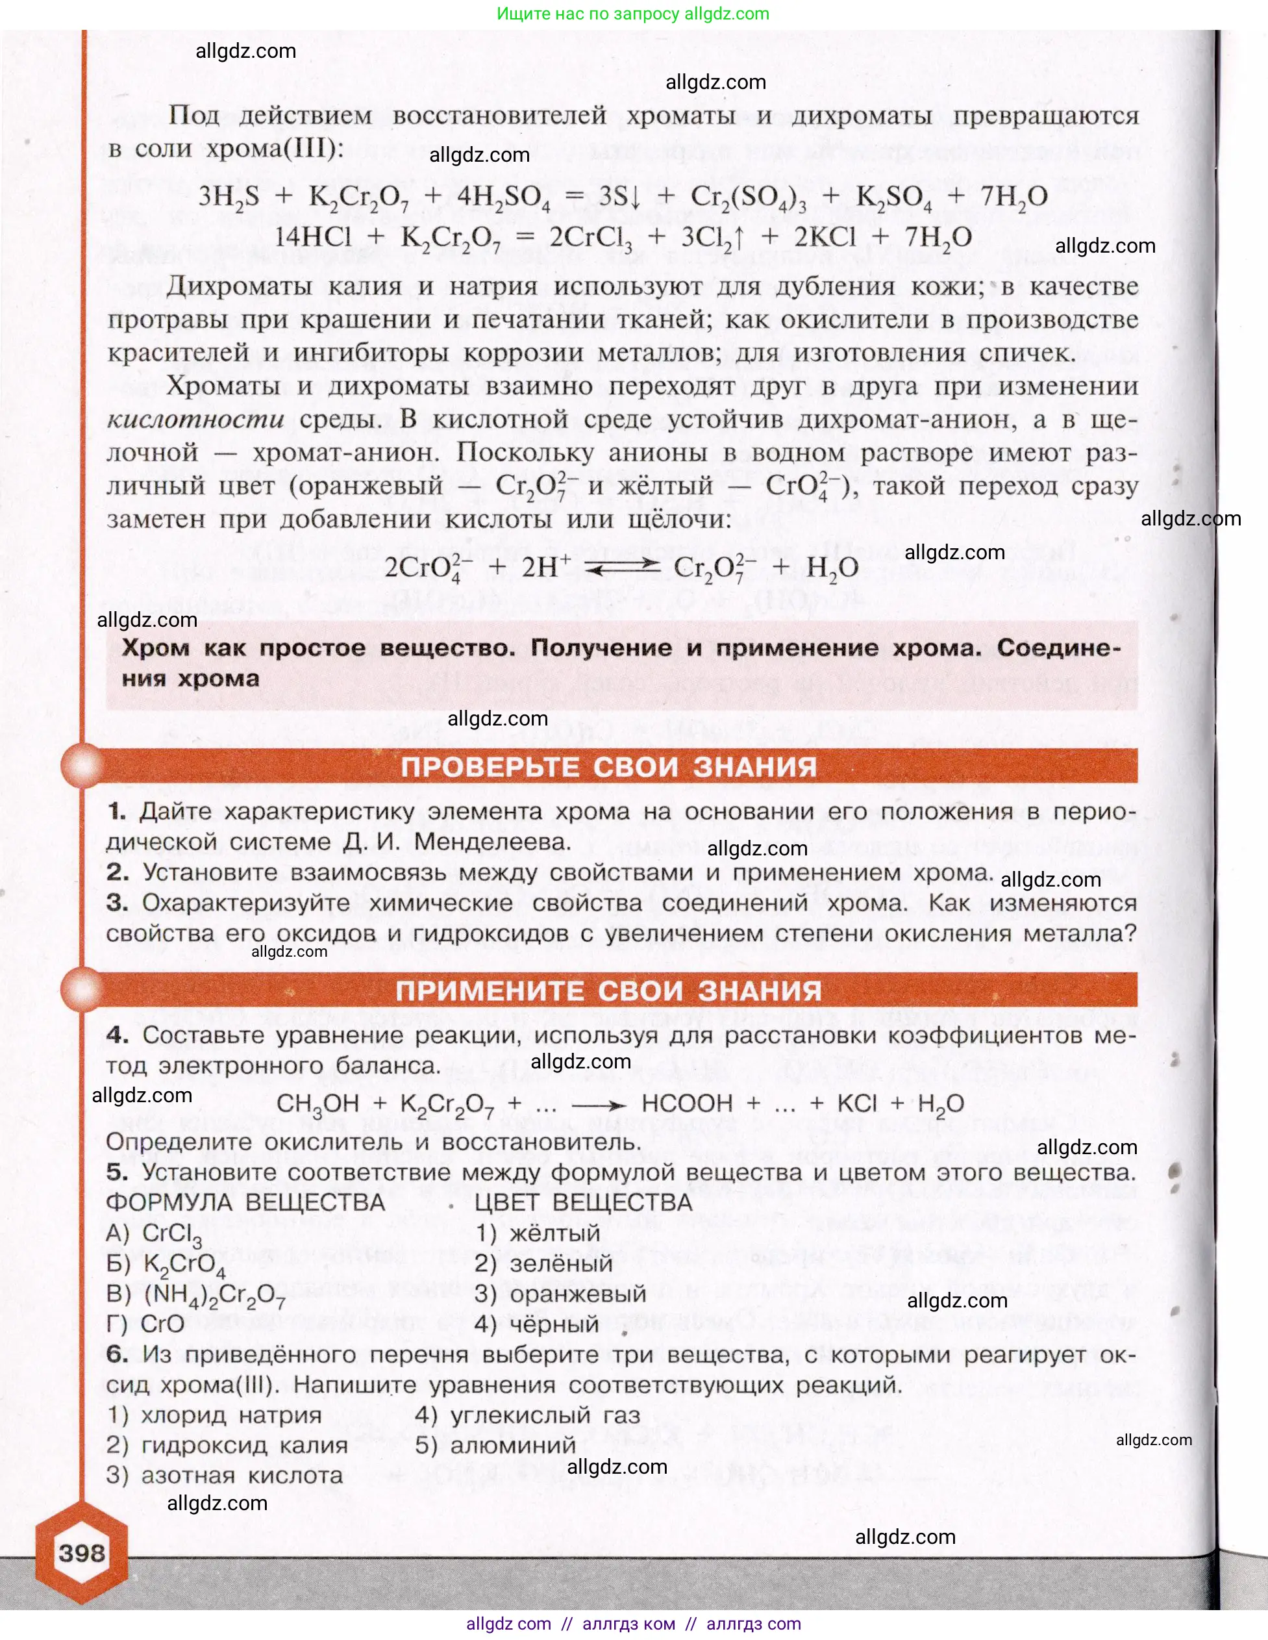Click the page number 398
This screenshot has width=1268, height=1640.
tap(82, 1552)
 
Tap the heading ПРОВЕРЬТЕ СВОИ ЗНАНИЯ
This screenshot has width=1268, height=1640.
tap(609, 766)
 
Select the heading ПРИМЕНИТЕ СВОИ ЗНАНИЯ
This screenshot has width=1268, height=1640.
tap(609, 990)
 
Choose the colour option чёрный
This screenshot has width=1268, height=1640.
tap(554, 1324)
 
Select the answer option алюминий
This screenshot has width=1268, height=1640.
tap(513, 1444)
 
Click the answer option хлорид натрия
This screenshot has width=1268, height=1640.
tap(231, 1415)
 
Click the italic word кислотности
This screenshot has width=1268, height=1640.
tap(195, 419)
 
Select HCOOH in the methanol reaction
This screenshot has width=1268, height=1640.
tap(687, 1103)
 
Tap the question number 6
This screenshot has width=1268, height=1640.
tap(117, 1354)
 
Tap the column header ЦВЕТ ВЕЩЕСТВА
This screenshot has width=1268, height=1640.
tap(583, 1202)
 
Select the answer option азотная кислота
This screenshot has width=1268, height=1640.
tap(242, 1475)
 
